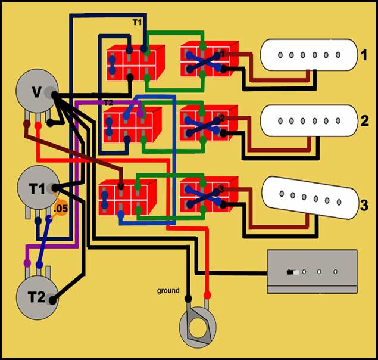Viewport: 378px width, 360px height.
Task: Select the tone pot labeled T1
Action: click(x=37, y=189)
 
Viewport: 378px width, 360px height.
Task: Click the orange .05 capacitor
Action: click(x=61, y=209)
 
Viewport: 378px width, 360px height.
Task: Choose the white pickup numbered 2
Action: click(x=309, y=121)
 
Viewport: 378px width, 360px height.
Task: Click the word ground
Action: click(x=168, y=291)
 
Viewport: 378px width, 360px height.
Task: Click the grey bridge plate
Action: click(x=313, y=272)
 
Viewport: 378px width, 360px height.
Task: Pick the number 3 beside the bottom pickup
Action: click(x=364, y=206)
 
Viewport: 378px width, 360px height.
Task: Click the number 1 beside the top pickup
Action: click(x=364, y=57)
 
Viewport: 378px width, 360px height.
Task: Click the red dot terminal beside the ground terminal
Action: click(x=208, y=296)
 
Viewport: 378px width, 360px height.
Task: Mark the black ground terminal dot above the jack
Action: click(x=189, y=298)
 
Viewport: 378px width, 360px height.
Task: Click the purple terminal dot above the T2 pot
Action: click(x=27, y=262)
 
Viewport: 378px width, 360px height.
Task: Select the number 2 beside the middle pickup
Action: click(x=364, y=121)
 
